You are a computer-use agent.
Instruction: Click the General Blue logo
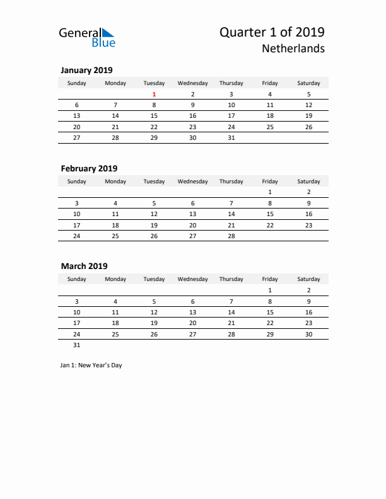tap(87, 37)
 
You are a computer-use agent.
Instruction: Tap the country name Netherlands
tap(296, 49)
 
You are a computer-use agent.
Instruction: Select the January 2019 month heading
tap(86, 71)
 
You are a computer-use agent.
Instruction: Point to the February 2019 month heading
tap(89, 168)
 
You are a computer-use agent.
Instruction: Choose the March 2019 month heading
tap(84, 266)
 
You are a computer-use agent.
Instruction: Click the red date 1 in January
tap(154, 95)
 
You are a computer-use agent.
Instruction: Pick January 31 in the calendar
tap(231, 137)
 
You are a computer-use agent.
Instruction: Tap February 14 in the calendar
tap(231, 214)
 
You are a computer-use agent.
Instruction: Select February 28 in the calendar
tap(231, 236)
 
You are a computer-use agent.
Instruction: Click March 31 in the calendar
tap(77, 345)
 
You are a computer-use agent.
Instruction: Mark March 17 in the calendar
tap(77, 323)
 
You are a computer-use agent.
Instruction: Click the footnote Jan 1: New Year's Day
tap(91, 365)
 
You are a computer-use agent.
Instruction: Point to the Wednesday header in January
tap(192, 83)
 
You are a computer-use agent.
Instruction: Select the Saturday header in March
tap(308, 279)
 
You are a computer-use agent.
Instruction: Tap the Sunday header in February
tap(77, 181)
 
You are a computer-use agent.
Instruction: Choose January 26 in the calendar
tap(308, 127)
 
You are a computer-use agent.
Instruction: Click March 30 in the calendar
tap(308, 334)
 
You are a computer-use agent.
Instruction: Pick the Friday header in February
tap(270, 181)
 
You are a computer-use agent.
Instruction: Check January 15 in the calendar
tap(154, 116)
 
